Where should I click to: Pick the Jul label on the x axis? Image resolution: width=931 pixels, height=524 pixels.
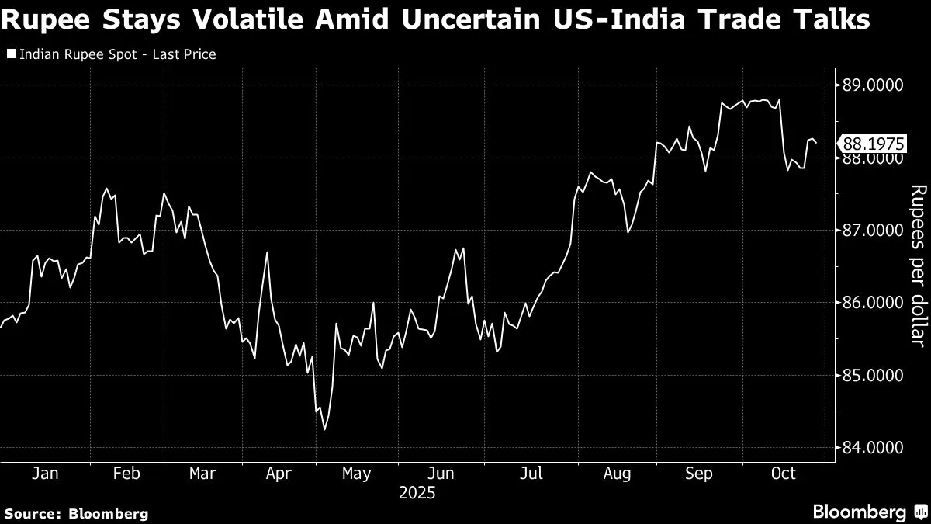pyautogui.click(x=531, y=474)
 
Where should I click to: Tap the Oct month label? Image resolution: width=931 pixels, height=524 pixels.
pyautogui.click(x=784, y=474)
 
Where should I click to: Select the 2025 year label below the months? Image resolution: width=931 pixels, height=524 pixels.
pyautogui.click(x=417, y=493)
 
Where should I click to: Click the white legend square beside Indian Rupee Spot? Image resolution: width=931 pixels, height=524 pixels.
pyautogui.click(x=10, y=55)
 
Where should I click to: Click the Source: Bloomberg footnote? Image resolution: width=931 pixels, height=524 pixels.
pyautogui.click(x=76, y=513)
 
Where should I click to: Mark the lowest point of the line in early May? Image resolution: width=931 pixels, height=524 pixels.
pyautogui.click(x=324, y=429)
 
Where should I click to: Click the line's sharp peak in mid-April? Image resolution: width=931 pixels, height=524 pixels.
pyautogui.click(x=267, y=252)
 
